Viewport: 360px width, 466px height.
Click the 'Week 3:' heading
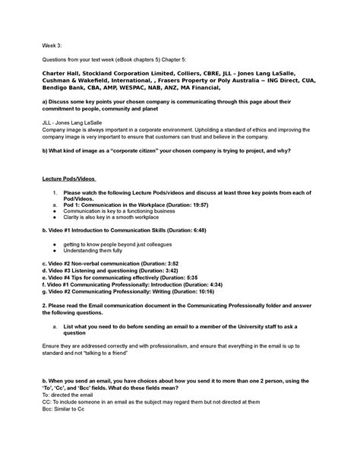tap(51, 44)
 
